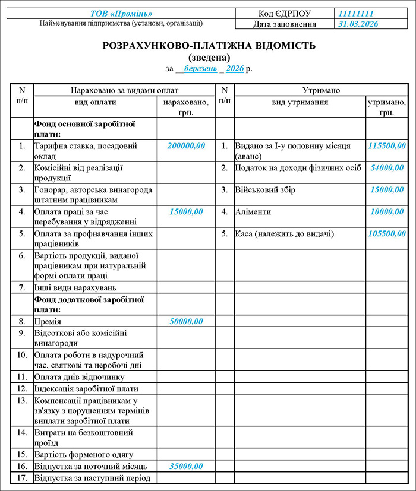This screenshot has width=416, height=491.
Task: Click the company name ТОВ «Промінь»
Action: point(121,13)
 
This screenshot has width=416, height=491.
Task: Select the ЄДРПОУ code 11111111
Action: point(356,13)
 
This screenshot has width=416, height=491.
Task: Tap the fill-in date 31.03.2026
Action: point(358,24)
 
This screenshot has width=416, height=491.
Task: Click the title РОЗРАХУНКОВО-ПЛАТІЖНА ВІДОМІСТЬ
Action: point(209,46)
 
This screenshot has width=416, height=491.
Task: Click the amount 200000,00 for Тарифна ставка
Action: point(186,145)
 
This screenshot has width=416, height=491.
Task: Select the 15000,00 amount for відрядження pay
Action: point(186,211)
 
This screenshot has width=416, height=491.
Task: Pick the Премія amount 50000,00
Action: point(186,321)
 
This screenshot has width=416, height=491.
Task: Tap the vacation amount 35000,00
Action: point(186,466)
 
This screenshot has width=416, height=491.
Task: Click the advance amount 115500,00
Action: point(387,145)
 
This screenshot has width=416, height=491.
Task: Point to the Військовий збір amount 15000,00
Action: point(391,190)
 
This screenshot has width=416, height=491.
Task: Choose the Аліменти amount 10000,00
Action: point(391,211)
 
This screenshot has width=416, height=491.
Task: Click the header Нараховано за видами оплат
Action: point(124,91)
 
